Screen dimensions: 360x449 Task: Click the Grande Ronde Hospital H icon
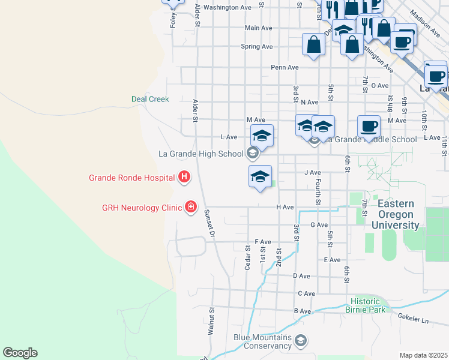point(184,177)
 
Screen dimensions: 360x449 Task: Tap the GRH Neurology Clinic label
point(142,208)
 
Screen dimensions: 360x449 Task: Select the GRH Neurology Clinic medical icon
point(190,207)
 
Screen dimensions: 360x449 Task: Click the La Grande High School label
point(200,154)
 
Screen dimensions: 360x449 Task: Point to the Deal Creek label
point(150,99)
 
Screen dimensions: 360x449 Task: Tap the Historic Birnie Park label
point(365,305)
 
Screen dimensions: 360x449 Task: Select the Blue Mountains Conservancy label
point(262,341)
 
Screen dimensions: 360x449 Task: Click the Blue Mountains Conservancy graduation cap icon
point(301,342)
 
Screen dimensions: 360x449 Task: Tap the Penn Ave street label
point(285,67)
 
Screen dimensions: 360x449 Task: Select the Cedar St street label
point(247,257)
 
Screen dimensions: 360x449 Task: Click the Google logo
point(20,353)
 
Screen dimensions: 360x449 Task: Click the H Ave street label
point(285,207)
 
